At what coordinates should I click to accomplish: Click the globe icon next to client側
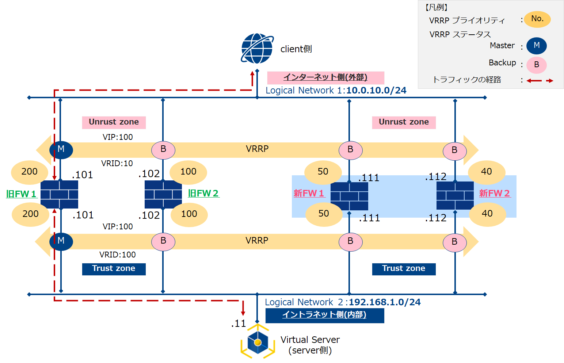coord(257,49)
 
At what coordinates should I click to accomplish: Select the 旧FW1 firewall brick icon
coord(59,194)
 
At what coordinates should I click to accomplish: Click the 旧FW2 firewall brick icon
coord(163,194)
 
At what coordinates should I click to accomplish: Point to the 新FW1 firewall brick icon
coord(349,196)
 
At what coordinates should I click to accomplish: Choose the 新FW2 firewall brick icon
coord(455,196)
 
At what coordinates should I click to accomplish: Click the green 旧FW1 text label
coord(21,194)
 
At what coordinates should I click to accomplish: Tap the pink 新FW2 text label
coord(494,193)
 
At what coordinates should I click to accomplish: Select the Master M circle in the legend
coord(536,46)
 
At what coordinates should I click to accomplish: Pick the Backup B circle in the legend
coord(536,65)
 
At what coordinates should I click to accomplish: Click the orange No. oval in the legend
coord(537,19)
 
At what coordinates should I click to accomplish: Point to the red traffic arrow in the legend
coord(540,81)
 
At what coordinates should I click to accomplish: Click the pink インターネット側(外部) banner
coord(325,77)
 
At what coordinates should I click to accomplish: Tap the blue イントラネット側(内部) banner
coord(324,315)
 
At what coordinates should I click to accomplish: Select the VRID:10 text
coord(117,164)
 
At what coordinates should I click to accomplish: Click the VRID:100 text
coord(117,255)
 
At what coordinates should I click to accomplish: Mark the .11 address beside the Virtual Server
coord(239,324)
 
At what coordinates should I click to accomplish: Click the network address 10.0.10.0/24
coord(376,91)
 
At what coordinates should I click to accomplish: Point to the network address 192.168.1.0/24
coord(385,302)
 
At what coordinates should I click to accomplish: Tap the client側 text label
coord(296,49)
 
